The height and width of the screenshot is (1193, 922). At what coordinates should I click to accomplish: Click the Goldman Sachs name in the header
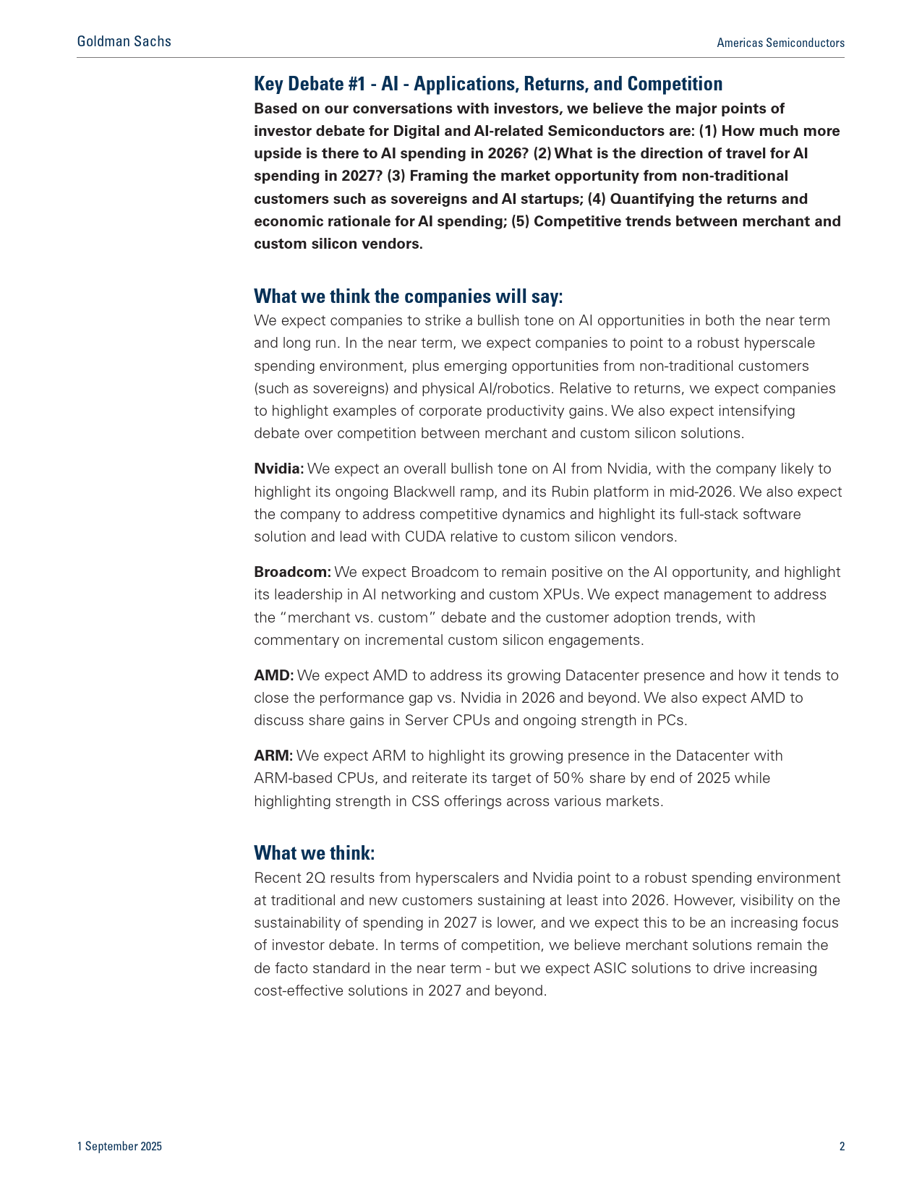click(x=124, y=41)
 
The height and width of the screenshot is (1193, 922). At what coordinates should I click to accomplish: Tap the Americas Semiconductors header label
click(x=780, y=43)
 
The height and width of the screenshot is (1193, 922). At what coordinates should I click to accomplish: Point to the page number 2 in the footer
click(x=842, y=1146)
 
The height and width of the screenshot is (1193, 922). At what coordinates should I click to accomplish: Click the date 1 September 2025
click(x=119, y=1146)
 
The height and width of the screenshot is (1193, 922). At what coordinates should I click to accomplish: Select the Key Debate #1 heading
click(x=488, y=84)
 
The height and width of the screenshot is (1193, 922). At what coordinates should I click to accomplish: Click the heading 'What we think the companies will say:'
click(x=408, y=296)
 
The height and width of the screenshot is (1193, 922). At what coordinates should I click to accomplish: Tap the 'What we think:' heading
click(x=314, y=853)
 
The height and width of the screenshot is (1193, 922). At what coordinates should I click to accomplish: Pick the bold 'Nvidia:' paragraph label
click(x=279, y=469)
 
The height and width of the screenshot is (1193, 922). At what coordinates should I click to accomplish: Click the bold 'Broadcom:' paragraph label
click(x=292, y=573)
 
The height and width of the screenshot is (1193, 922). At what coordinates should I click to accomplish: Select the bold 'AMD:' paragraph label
click(x=273, y=676)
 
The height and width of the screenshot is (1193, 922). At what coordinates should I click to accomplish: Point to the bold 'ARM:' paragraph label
click(x=273, y=756)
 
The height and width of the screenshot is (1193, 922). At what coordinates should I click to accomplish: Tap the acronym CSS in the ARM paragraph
click(x=425, y=801)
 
